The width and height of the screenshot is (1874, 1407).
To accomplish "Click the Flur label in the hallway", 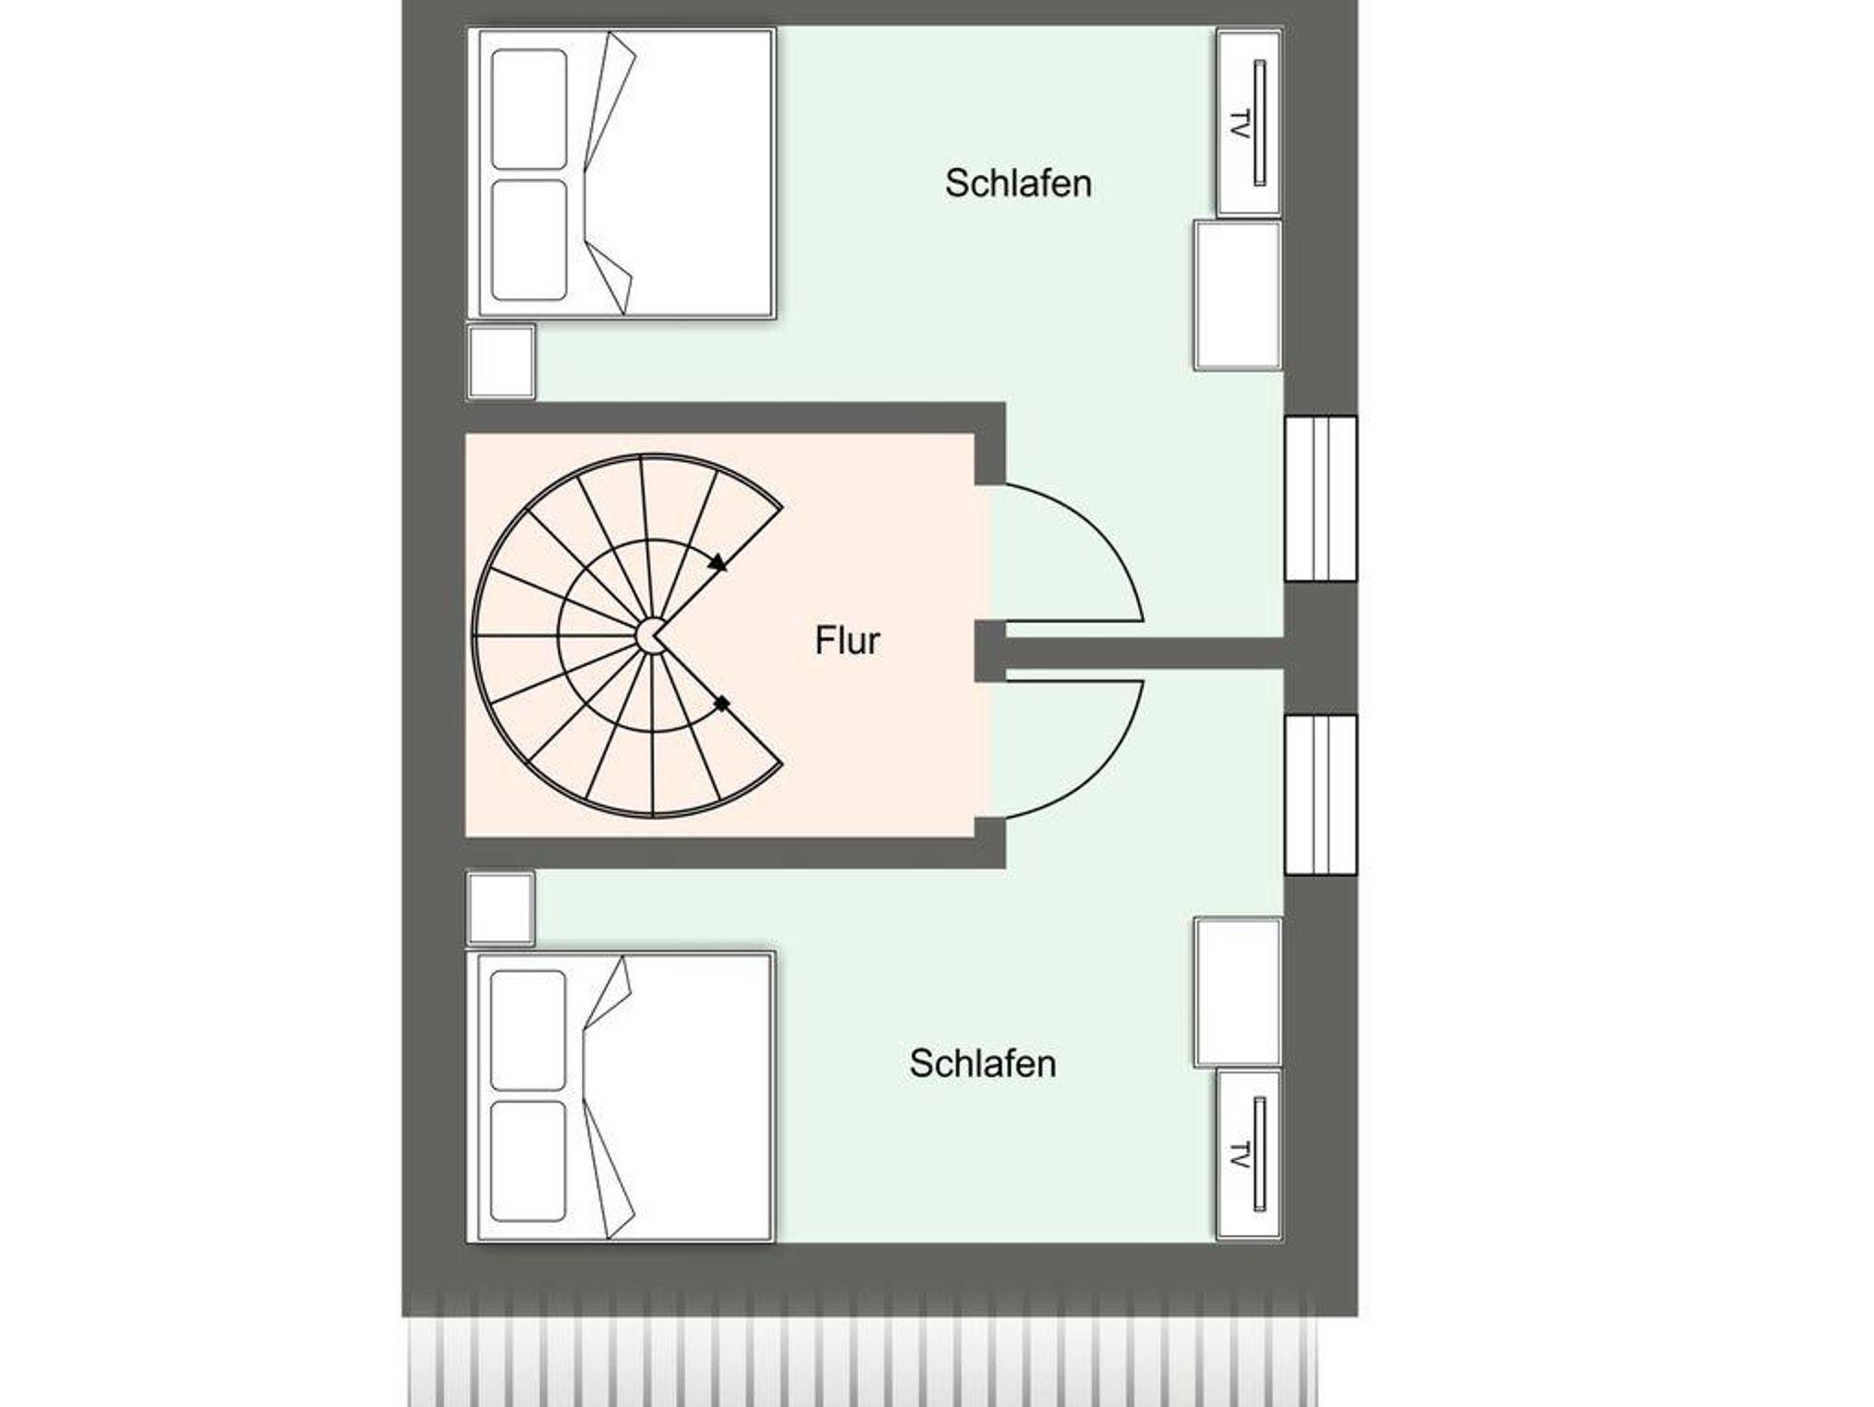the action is click(x=847, y=640).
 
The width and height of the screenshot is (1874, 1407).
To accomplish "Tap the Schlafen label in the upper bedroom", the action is click(x=1018, y=184).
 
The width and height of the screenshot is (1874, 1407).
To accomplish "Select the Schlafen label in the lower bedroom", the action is click(x=983, y=1063).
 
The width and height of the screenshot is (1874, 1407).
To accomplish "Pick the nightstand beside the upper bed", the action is click(x=501, y=361).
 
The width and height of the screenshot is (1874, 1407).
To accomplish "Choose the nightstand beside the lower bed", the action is click(x=501, y=908).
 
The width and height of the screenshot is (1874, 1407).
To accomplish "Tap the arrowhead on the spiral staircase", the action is click(x=718, y=563).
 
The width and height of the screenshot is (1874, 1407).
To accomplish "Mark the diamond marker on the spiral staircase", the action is click(x=722, y=704).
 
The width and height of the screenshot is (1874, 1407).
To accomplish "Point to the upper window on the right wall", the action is click(x=1320, y=499).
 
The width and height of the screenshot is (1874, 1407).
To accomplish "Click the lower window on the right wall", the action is click(x=1320, y=795).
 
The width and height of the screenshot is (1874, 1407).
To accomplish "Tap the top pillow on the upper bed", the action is click(x=529, y=110).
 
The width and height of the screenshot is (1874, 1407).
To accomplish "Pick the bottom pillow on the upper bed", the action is click(x=529, y=240).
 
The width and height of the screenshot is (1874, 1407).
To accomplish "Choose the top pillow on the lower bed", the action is click(x=528, y=1031).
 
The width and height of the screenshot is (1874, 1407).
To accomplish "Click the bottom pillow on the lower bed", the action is click(x=528, y=1161).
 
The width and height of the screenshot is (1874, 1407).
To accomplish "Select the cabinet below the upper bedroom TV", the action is click(x=1237, y=295).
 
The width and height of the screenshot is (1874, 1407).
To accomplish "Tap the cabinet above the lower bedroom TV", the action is click(x=1237, y=993).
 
